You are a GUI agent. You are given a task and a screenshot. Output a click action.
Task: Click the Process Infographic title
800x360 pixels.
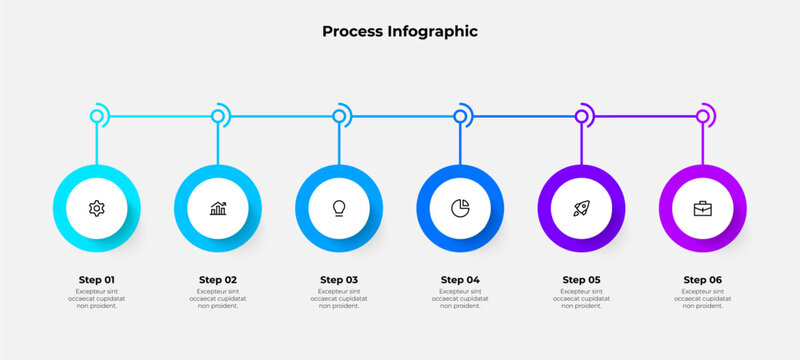click(x=400, y=31)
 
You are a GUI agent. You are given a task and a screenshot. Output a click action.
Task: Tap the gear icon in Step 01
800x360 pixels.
click(x=96, y=208)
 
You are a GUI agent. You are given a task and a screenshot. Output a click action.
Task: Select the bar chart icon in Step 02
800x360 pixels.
click(x=217, y=208)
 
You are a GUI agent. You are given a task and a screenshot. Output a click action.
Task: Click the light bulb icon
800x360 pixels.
click(x=339, y=208)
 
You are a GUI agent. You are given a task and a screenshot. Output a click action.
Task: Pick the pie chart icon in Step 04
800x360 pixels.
click(x=460, y=208)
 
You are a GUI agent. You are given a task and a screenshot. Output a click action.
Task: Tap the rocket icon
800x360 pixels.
click(x=581, y=208)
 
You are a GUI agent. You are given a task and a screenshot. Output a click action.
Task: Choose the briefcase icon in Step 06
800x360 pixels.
click(x=703, y=208)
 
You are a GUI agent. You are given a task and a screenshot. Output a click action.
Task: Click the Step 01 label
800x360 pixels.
click(x=96, y=279)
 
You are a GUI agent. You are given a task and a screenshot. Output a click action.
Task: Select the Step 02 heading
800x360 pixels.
click(x=217, y=279)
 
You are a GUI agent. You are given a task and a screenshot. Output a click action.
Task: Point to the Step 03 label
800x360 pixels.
click(x=339, y=279)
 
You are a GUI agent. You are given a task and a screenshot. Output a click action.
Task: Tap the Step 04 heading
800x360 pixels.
click(x=460, y=279)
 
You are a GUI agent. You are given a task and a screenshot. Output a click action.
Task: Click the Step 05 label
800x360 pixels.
click(x=581, y=279)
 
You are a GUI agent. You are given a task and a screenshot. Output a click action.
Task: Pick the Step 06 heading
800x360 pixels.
click(x=703, y=279)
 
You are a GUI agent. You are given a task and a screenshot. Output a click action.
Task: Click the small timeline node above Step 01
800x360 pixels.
click(x=97, y=117)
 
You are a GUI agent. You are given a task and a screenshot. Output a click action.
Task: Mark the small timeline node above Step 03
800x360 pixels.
click(x=339, y=117)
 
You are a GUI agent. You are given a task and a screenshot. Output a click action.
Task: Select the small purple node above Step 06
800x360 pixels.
click(x=703, y=117)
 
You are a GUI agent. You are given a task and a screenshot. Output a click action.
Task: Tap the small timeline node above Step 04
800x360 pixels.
click(x=460, y=117)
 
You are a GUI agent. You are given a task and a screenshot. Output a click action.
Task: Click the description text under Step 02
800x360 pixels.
click(x=217, y=298)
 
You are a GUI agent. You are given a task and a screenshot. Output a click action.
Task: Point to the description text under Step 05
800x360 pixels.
click(x=581, y=298)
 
